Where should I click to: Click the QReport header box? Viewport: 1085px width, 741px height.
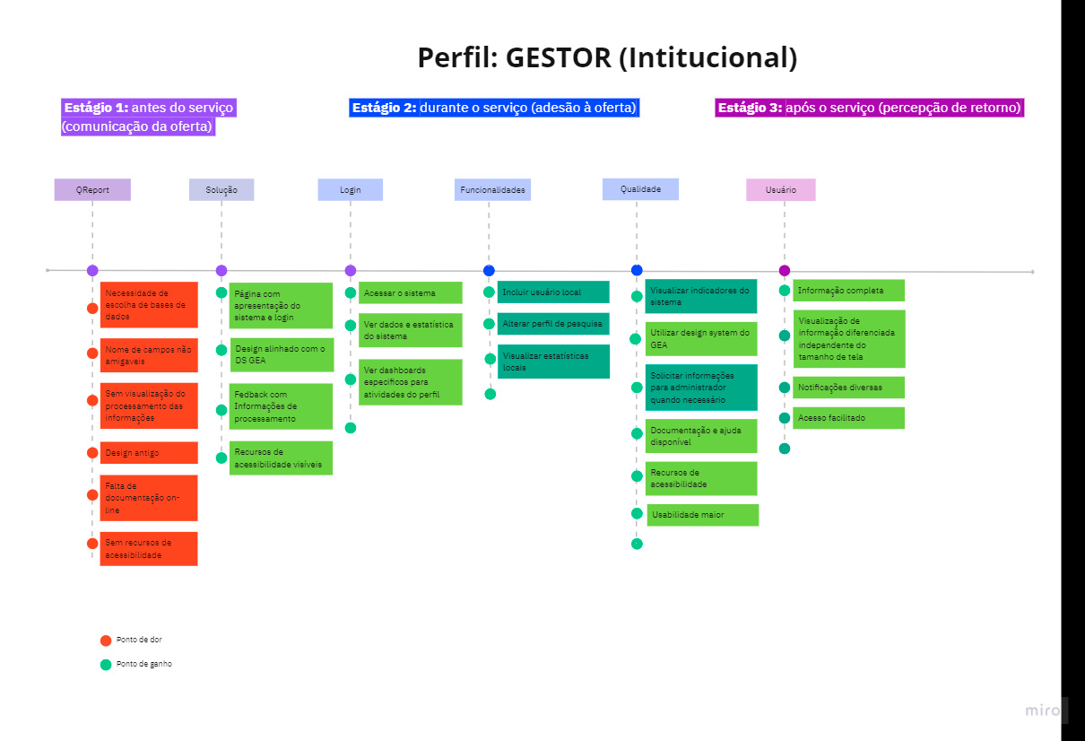pyautogui.click(x=92, y=190)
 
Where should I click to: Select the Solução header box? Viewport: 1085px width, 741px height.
pyautogui.click(x=221, y=190)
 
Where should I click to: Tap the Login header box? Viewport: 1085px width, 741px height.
pyautogui.click(x=351, y=190)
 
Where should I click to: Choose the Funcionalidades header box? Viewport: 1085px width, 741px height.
pyautogui.click(x=492, y=190)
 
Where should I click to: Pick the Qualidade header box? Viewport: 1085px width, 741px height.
pyautogui.click(x=640, y=189)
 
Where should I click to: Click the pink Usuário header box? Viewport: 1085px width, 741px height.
pyautogui.click(x=781, y=190)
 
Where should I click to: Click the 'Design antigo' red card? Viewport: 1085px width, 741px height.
pyautogui.click(x=149, y=453)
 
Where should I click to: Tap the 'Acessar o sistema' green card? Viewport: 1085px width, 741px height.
pyautogui.click(x=411, y=293)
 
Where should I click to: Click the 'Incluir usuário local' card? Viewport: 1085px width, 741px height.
pyautogui.click(x=553, y=292)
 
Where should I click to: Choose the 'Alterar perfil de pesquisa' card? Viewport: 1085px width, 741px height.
pyautogui.click(x=553, y=324)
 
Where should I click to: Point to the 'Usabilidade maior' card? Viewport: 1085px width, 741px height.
pyautogui.click(x=703, y=515)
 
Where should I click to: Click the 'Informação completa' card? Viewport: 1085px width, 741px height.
pyautogui.click(x=848, y=291)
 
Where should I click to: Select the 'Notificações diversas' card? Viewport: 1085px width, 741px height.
pyautogui.click(x=848, y=388)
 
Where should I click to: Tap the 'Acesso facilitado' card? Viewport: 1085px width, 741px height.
pyautogui.click(x=848, y=418)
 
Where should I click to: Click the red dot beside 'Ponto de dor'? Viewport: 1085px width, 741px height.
pyautogui.click(x=106, y=641)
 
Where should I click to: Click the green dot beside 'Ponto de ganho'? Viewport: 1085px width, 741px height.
pyautogui.click(x=106, y=665)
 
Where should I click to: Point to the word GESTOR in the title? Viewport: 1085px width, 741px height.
pyautogui.click(x=559, y=58)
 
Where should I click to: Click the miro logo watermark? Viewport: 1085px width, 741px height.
pyautogui.click(x=1043, y=710)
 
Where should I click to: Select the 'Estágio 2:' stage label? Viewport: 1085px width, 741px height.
pyautogui.click(x=384, y=108)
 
